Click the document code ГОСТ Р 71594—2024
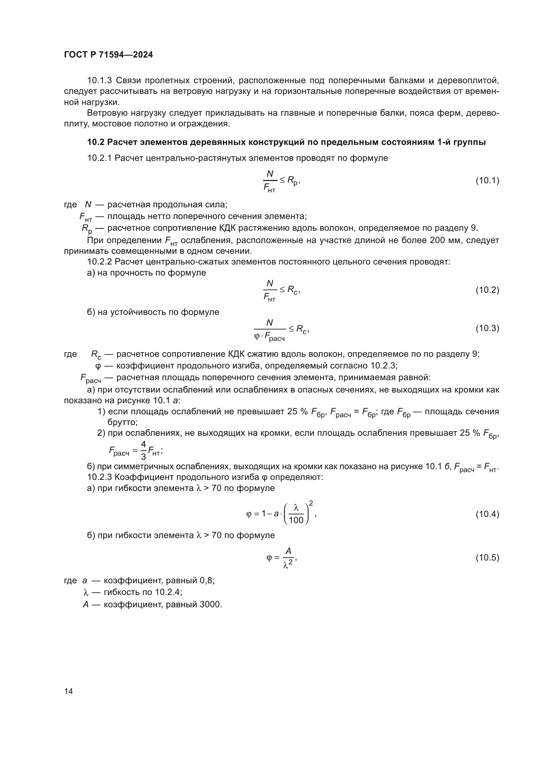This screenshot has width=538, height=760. tap(108, 55)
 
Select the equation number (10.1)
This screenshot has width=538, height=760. tap(487, 180)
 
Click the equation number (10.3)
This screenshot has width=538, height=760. tap(487, 328)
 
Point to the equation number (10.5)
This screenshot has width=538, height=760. tap(487, 558)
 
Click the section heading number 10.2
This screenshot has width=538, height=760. tap(96, 142)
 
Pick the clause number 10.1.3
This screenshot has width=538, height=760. tap(100, 81)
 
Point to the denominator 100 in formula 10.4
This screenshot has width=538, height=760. tap(296, 520)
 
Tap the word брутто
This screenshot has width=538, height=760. tap(122, 422)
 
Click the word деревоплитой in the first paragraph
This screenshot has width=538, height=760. tap(468, 81)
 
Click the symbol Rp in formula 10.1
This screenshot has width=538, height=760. tap(293, 181)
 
